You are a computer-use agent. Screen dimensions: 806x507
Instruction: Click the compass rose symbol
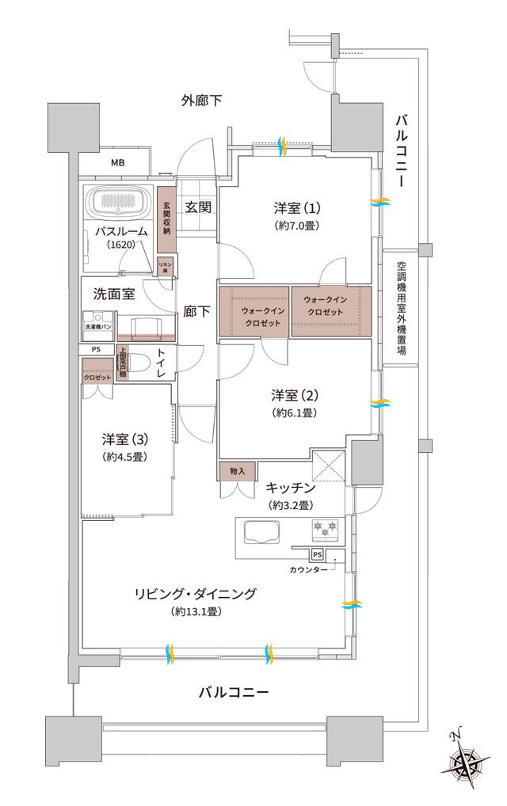(465, 759)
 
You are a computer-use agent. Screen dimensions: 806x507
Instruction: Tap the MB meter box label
(117, 164)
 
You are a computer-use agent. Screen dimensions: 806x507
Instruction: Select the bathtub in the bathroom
(120, 205)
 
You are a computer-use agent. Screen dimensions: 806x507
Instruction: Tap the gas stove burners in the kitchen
(326, 528)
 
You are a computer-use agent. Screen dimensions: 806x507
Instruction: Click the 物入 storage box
(238, 470)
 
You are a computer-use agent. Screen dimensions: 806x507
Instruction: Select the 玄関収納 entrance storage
(167, 219)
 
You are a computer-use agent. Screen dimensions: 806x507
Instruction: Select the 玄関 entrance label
(197, 207)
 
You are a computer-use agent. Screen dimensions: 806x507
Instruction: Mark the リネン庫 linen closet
(166, 266)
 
